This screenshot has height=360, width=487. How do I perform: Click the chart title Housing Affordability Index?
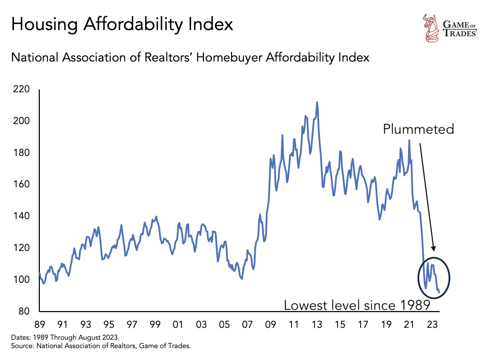(x=122, y=24)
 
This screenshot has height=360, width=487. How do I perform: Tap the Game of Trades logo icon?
(x=431, y=28)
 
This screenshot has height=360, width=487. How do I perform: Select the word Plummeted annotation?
(x=418, y=129)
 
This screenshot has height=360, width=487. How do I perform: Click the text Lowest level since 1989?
(x=357, y=305)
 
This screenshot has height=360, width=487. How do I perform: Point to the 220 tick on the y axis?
(x=21, y=89)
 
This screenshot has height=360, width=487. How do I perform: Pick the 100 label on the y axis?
(x=21, y=280)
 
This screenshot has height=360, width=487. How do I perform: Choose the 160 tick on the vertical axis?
(x=21, y=184)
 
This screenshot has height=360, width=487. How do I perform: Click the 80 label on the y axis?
(x=23, y=311)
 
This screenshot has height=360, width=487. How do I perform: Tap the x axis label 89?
(x=39, y=325)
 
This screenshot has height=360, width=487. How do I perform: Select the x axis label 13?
(x=317, y=325)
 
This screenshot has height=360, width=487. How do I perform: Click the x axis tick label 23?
(x=432, y=325)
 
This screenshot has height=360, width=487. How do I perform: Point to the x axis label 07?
(x=247, y=325)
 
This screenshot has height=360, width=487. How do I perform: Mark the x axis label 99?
(x=155, y=325)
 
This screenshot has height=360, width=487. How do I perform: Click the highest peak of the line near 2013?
(x=317, y=102)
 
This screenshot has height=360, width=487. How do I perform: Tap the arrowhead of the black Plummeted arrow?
(x=434, y=249)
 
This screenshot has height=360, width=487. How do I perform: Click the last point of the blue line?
(x=439, y=293)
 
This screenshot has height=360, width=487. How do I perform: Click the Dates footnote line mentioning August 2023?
(x=65, y=338)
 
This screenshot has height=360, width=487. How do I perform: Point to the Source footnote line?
(x=101, y=346)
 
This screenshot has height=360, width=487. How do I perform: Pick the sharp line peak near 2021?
(x=409, y=141)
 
